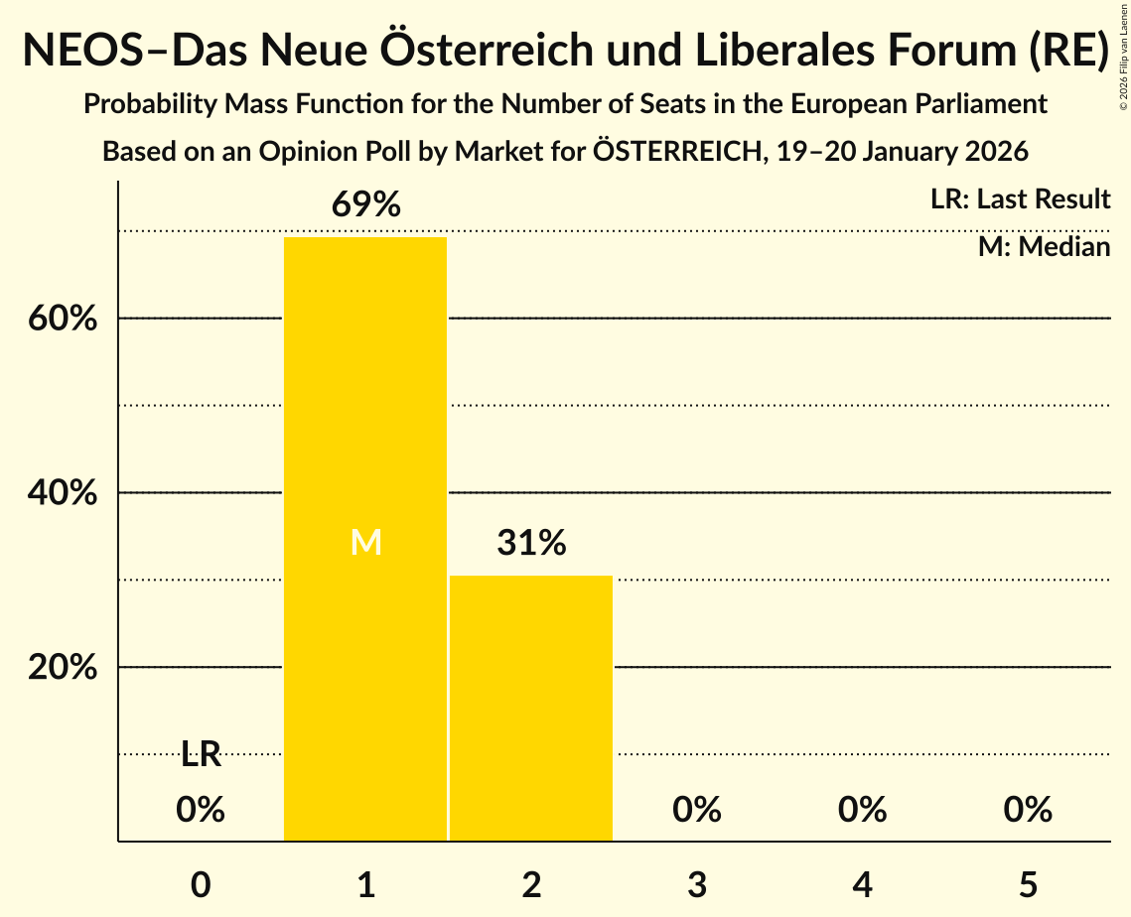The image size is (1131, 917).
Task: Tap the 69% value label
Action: click(x=365, y=205)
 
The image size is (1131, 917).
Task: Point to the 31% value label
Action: click(x=531, y=543)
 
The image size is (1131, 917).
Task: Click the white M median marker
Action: click(x=365, y=542)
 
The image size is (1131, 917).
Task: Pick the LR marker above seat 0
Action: click(x=201, y=755)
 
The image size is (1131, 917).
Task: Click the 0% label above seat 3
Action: click(x=697, y=810)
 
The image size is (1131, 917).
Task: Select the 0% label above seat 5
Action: click(x=1028, y=810)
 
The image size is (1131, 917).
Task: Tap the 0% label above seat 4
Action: click(x=862, y=810)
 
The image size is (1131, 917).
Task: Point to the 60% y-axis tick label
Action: click(x=63, y=320)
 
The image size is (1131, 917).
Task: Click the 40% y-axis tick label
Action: click(x=63, y=493)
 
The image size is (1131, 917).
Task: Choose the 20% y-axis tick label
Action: click(x=63, y=668)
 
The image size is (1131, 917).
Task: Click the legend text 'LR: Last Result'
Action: click(x=1020, y=199)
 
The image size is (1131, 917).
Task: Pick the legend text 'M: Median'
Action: click(x=1044, y=247)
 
